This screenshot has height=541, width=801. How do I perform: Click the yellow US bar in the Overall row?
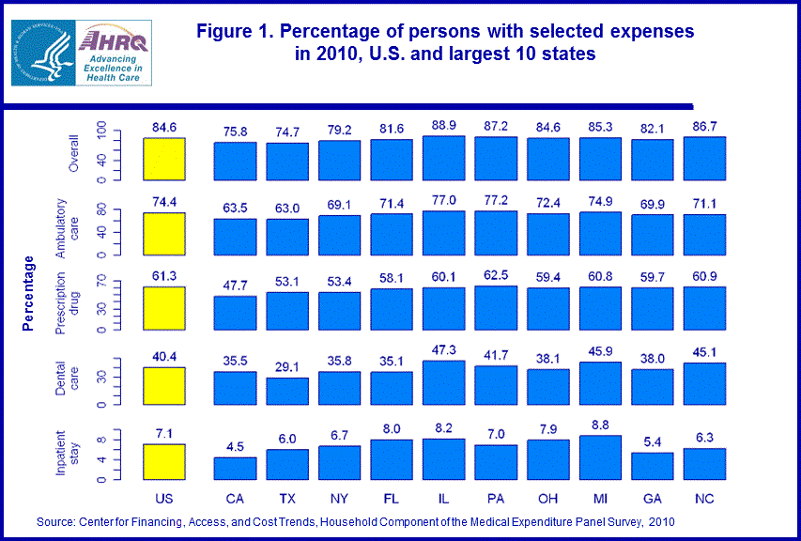(x=165, y=158)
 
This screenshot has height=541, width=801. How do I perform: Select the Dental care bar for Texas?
(x=286, y=391)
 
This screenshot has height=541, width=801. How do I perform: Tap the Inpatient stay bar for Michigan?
(x=602, y=457)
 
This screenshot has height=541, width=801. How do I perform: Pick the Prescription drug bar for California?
(x=235, y=313)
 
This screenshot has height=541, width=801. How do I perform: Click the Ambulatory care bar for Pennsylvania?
(x=497, y=233)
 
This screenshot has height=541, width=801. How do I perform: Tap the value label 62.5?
(x=498, y=277)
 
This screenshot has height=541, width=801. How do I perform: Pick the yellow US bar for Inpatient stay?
(x=165, y=462)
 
